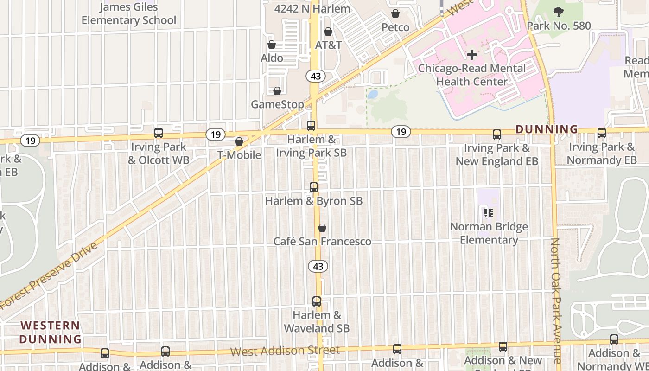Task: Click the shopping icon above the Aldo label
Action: point(272,45)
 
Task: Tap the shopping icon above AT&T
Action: point(328,32)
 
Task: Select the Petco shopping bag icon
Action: point(395,14)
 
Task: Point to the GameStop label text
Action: point(277,104)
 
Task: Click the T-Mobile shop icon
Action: point(239,141)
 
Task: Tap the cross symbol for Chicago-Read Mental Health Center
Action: point(472,55)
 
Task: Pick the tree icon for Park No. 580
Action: point(559,12)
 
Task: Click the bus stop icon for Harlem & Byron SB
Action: point(314,187)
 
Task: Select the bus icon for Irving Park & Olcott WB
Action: point(159,133)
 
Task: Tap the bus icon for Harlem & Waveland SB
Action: point(317,301)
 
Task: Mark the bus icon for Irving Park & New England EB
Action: point(497,134)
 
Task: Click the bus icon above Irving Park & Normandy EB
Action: point(602,133)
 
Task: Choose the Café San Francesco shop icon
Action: point(322,228)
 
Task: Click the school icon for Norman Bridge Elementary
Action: point(488,213)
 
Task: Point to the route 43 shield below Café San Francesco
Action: point(318,266)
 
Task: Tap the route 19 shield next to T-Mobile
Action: point(216,135)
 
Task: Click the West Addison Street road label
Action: point(285,351)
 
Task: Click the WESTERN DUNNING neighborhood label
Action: point(50,332)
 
